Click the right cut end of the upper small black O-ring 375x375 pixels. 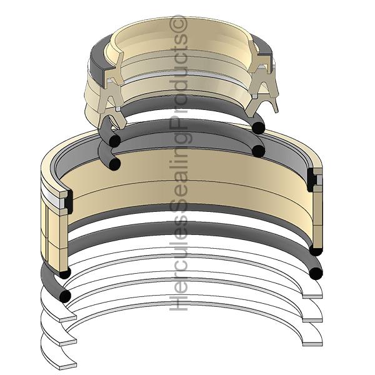(258, 127)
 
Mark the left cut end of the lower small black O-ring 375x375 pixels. (114, 164)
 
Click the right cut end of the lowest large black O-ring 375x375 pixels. (316, 273)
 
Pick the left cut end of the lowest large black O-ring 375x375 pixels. (64, 295)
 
